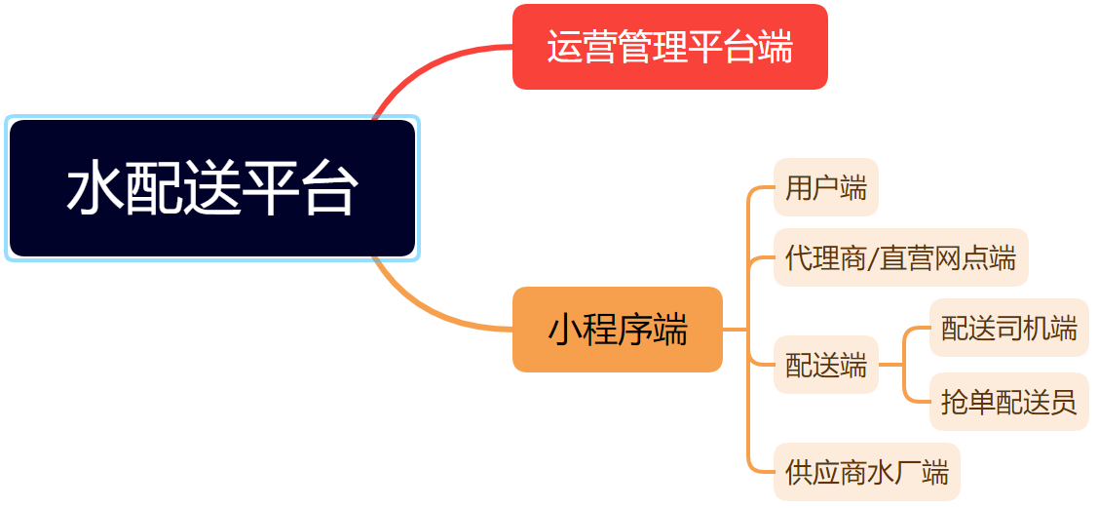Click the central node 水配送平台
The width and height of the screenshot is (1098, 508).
click(x=212, y=188)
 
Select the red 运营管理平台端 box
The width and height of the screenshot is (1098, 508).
click(x=670, y=47)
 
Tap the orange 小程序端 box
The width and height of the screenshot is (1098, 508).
click(x=618, y=330)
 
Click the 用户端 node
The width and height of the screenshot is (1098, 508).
click(x=826, y=188)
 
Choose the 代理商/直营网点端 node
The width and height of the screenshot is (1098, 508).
click(x=901, y=257)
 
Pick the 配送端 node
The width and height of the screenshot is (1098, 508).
click(x=826, y=365)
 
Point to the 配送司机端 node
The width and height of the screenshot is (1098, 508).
click(x=1009, y=328)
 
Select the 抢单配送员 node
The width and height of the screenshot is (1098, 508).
click(x=1009, y=402)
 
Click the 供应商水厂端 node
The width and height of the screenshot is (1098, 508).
click(x=867, y=472)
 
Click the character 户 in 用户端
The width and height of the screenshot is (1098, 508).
click(x=826, y=188)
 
